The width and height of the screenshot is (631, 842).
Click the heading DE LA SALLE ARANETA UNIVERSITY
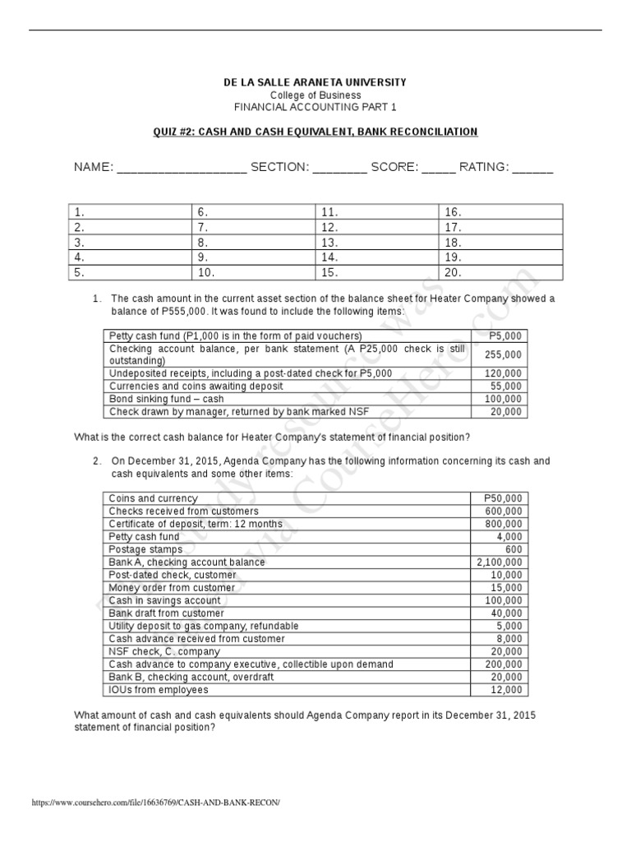[315, 82]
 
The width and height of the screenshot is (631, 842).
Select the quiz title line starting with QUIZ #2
[315, 132]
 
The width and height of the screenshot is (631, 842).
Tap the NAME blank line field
[182, 169]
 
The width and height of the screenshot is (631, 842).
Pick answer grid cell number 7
[251, 227]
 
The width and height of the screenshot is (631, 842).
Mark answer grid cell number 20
[500, 273]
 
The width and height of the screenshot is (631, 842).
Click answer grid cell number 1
[129, 212]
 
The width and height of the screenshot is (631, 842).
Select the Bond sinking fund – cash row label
[166, 399]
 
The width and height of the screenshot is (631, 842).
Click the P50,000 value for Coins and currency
[503, 498]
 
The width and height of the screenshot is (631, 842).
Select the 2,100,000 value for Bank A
[499, 562]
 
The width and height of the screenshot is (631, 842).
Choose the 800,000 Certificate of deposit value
[502, 524]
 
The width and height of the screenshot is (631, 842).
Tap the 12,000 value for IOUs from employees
[506, 690]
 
